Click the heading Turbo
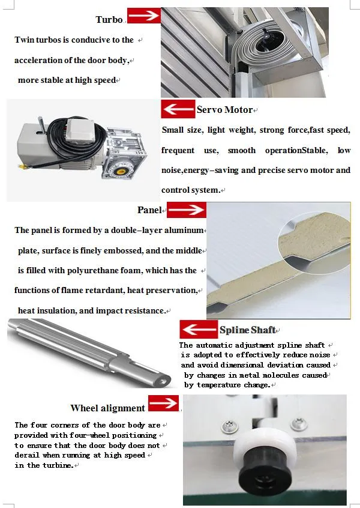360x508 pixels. coord(109,20)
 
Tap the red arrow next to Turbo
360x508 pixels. coord(143,16)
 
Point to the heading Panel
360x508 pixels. coord(149,210)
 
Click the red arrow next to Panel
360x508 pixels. coord(186,210)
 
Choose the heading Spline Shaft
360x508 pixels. coord(247,330)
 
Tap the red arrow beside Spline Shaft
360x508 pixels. coord(198,330)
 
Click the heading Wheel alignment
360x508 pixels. coord(107,408)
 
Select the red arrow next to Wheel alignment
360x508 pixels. coord(163,404)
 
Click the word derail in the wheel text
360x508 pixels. coord(26,455)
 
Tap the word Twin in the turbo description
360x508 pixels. coord(25,40)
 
